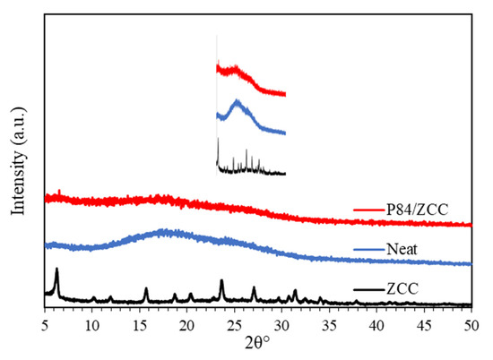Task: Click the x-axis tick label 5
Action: pos(45,323)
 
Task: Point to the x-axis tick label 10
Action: pos(91,323)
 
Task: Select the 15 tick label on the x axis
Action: pos(139,323)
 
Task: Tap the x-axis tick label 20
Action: pos(186,323)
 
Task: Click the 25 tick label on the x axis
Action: pos(234,323)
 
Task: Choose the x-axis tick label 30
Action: pos(281,323)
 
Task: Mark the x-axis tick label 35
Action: pos(329,323)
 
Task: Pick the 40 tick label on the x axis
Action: pos(376,323)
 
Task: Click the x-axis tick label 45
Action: pos(424,323)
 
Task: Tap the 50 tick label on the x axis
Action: pos(471,323)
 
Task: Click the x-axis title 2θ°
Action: pos(257,343)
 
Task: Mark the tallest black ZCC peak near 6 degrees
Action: pos(56,269)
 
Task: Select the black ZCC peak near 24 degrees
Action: pos(221,280)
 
